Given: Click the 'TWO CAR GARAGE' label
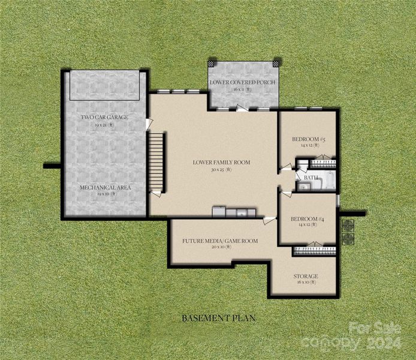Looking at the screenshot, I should (x=104, y=117).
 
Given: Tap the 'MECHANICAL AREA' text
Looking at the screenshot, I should (x=105, y=187).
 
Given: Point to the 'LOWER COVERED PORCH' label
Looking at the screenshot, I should (x=243, y=82).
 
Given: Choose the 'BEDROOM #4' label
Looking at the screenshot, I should (x=308, y=219).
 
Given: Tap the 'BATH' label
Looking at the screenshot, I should (x=311, y=178).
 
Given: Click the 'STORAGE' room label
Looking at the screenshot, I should (x=305, y=276).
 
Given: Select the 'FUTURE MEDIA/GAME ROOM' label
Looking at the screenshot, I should (x=220, y=241).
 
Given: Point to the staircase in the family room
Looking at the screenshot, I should (x=156, y=162).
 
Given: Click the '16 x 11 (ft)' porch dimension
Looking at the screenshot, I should (x=243, y=89).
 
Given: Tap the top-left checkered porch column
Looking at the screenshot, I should (x=211, y=62).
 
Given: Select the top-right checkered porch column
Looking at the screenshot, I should (x=276, y=62).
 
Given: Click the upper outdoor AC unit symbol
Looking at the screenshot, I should (x=347, y=225).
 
